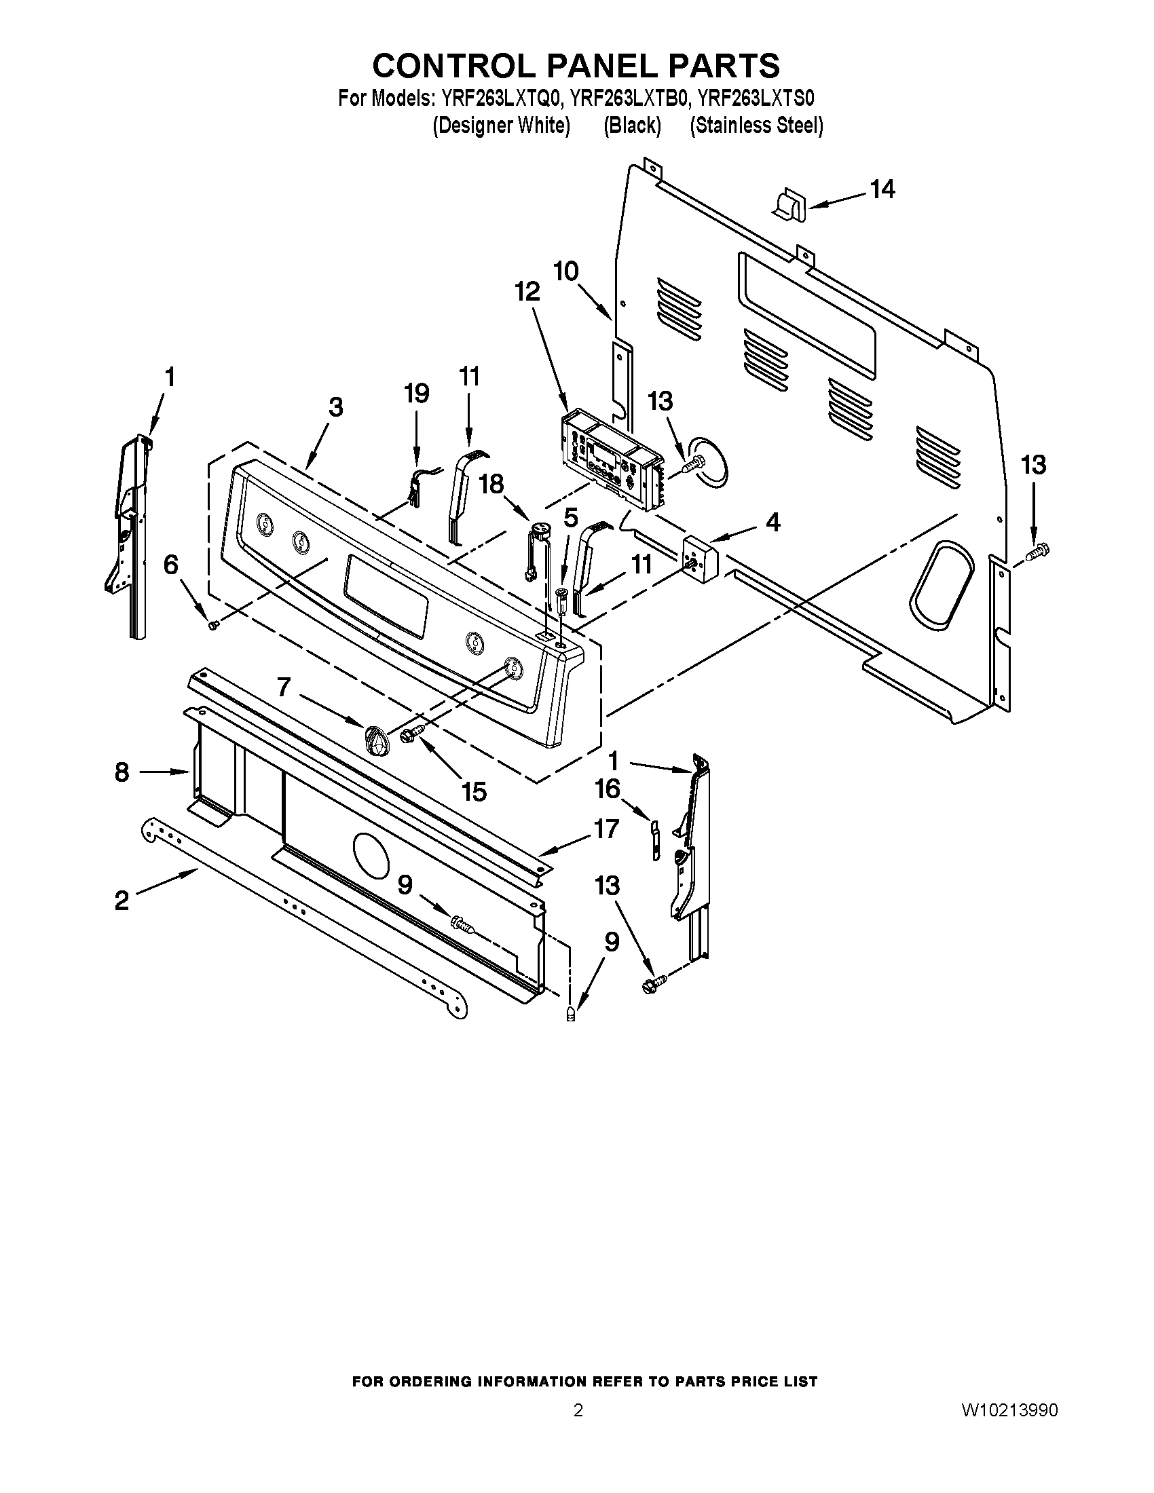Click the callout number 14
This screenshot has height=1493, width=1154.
882,189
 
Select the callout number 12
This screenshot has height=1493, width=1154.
527,292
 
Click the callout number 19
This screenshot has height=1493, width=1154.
415,393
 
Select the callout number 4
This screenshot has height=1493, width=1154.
773,523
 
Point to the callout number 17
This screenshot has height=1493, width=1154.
606,829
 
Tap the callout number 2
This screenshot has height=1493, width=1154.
122,901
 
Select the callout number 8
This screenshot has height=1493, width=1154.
122,772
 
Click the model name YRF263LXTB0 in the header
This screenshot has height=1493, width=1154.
629,99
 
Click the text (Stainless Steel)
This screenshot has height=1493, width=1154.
756,126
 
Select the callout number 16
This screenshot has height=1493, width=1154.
607,789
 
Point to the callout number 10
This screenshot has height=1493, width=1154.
565,271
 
